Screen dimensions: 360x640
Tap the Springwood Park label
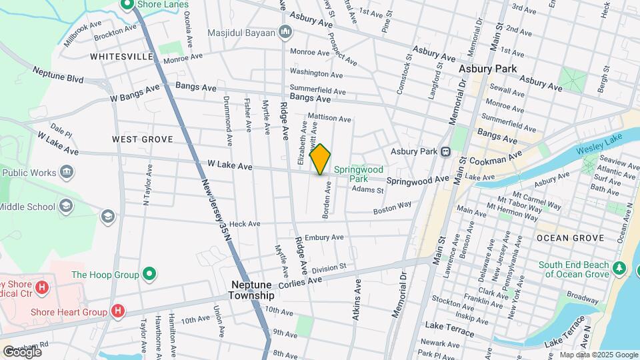tap(359, 174)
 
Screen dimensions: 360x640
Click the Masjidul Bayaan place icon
tap(285, 31)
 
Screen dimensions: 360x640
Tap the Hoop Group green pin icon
tap(150, 274)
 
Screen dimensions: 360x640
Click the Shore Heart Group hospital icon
tap(118, 311)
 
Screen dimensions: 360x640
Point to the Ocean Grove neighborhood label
tap(570, 238)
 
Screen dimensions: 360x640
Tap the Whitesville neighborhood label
tap(122, 57)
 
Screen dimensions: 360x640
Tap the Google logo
tap(22, 351)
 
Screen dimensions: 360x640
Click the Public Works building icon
tap(66, 173)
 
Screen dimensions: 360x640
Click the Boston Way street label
tap(392, 209)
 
